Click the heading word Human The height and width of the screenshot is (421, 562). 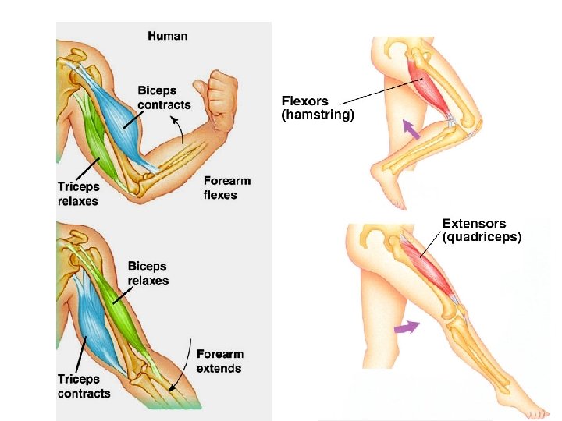pos(168,36)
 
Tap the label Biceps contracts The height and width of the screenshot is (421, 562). pos(164,97)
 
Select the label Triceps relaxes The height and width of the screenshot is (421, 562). pos(79,193)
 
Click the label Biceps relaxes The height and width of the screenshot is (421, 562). pos(148,274)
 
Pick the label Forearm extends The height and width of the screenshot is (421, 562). pos(219,361)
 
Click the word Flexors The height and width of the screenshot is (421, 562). pos(305,101)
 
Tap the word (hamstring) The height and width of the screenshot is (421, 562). pos(318,115)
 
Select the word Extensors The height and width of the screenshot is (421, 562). pos(475,225)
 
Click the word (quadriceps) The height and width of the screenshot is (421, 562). pos(482,238)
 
